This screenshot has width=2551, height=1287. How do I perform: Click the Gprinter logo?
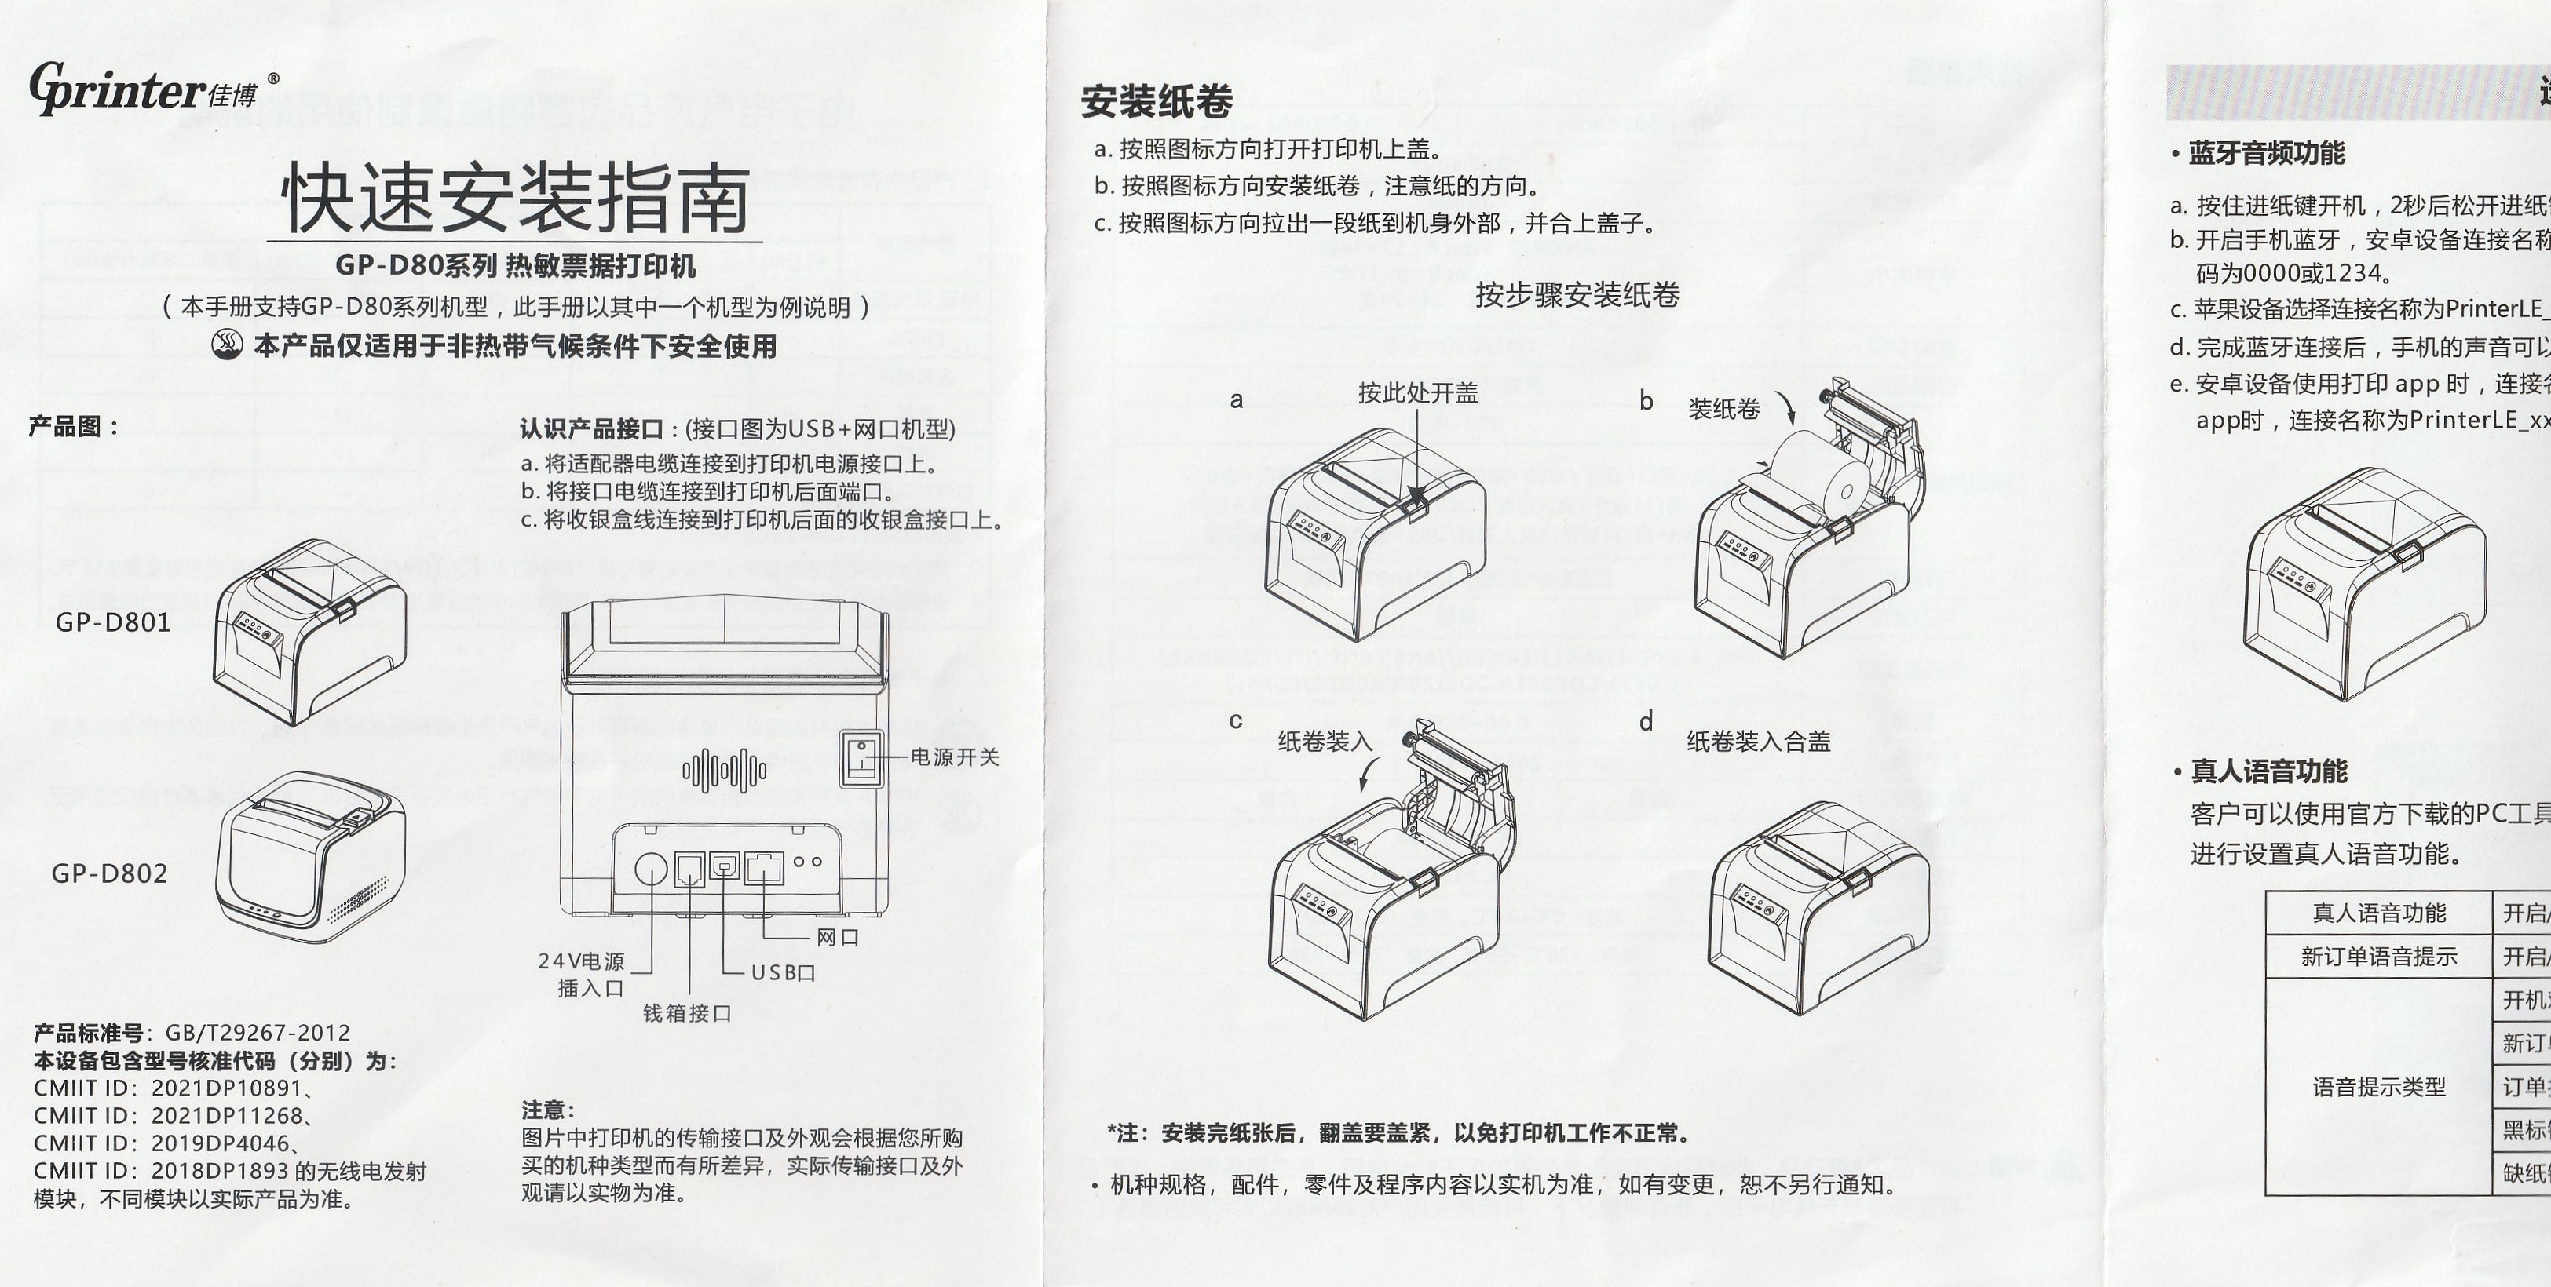click(x=144, y=89)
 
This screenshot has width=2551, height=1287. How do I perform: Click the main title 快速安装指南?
click(x=515, y=200)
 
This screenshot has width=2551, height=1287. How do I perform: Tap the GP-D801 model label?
click(x=113, y=623)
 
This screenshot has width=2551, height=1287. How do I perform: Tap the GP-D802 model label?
click(x=110, y=873)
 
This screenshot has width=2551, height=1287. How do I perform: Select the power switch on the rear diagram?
click(x=861, y=758)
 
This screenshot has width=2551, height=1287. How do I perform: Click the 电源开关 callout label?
click(x=955, y=757)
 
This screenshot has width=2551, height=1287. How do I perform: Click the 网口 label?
click(x=837, y=936)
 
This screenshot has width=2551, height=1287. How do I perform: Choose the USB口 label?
click(x=782, y=972)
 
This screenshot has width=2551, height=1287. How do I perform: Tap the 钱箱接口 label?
click(x=687, y=1013)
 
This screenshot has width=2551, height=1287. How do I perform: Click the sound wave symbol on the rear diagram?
click(x=724, y=770)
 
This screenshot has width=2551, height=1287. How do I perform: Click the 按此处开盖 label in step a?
click(x=1417, y=393)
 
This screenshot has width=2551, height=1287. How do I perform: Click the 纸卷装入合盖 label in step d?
click(x=1758, y=742)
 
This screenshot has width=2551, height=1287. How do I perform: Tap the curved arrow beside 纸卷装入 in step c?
click(x=1369, y=773)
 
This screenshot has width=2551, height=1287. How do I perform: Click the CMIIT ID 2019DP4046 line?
click(x=164, y=1143)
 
